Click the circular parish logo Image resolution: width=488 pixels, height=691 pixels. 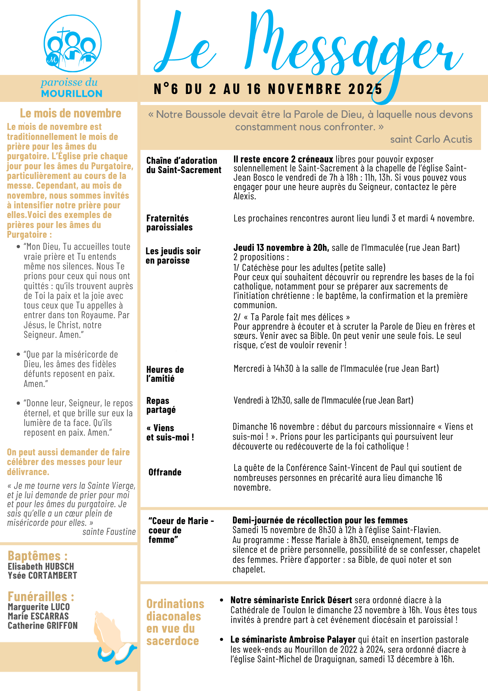[x=72, y=43]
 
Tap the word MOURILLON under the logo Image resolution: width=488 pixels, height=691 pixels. [x=72, y=94]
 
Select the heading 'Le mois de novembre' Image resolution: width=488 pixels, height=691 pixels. [x=70, y=113]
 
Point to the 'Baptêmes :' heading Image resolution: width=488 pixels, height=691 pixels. [x=38, y=556]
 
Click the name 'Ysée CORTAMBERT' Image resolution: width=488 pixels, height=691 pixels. [x=42, y=575]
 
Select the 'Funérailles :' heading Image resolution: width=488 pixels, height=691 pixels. [x=41, y=597]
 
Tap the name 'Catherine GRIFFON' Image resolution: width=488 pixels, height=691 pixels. [x=43, y=625]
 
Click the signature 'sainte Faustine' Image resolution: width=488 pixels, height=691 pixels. [x=109, y=532]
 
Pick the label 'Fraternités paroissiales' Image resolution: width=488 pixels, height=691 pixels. [x=169, y=223]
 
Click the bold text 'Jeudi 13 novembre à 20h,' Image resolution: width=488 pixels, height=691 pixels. [x=281, y=248]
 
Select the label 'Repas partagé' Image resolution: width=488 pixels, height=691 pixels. [x=161, y=405]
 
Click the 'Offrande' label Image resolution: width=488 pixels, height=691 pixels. [x=165, y=472]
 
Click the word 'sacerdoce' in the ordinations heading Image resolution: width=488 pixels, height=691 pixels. [x=173, y=641]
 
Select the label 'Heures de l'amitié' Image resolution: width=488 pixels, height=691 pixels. [x=165, y=374]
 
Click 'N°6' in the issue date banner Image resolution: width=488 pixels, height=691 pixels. [x=166, y=89]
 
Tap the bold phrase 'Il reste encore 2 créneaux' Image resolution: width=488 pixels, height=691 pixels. [x=283, y=159]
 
